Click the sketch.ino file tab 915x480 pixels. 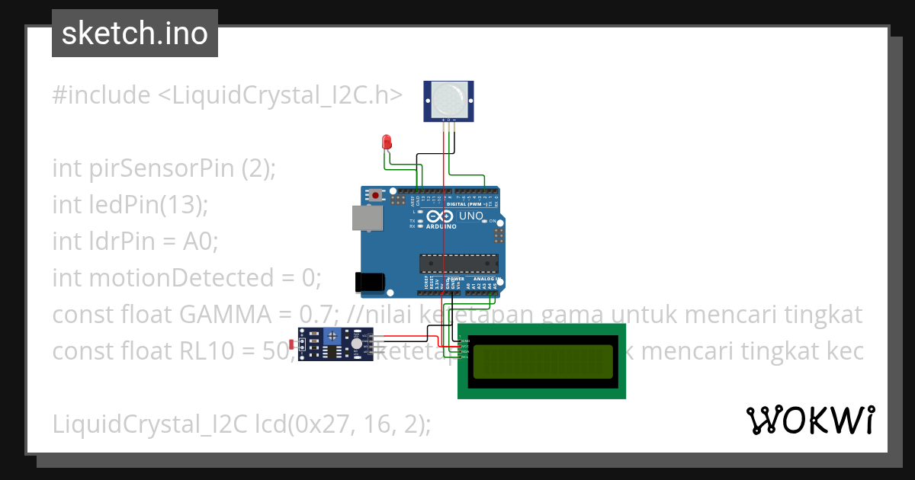coord(134,34)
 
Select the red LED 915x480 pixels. coord(387,142)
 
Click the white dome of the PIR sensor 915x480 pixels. coord(448,99)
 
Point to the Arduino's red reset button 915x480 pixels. coord(375,196)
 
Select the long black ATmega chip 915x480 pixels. coord(458,263)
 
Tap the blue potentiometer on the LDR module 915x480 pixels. coord(332,336)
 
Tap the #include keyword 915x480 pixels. coord(101,95)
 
